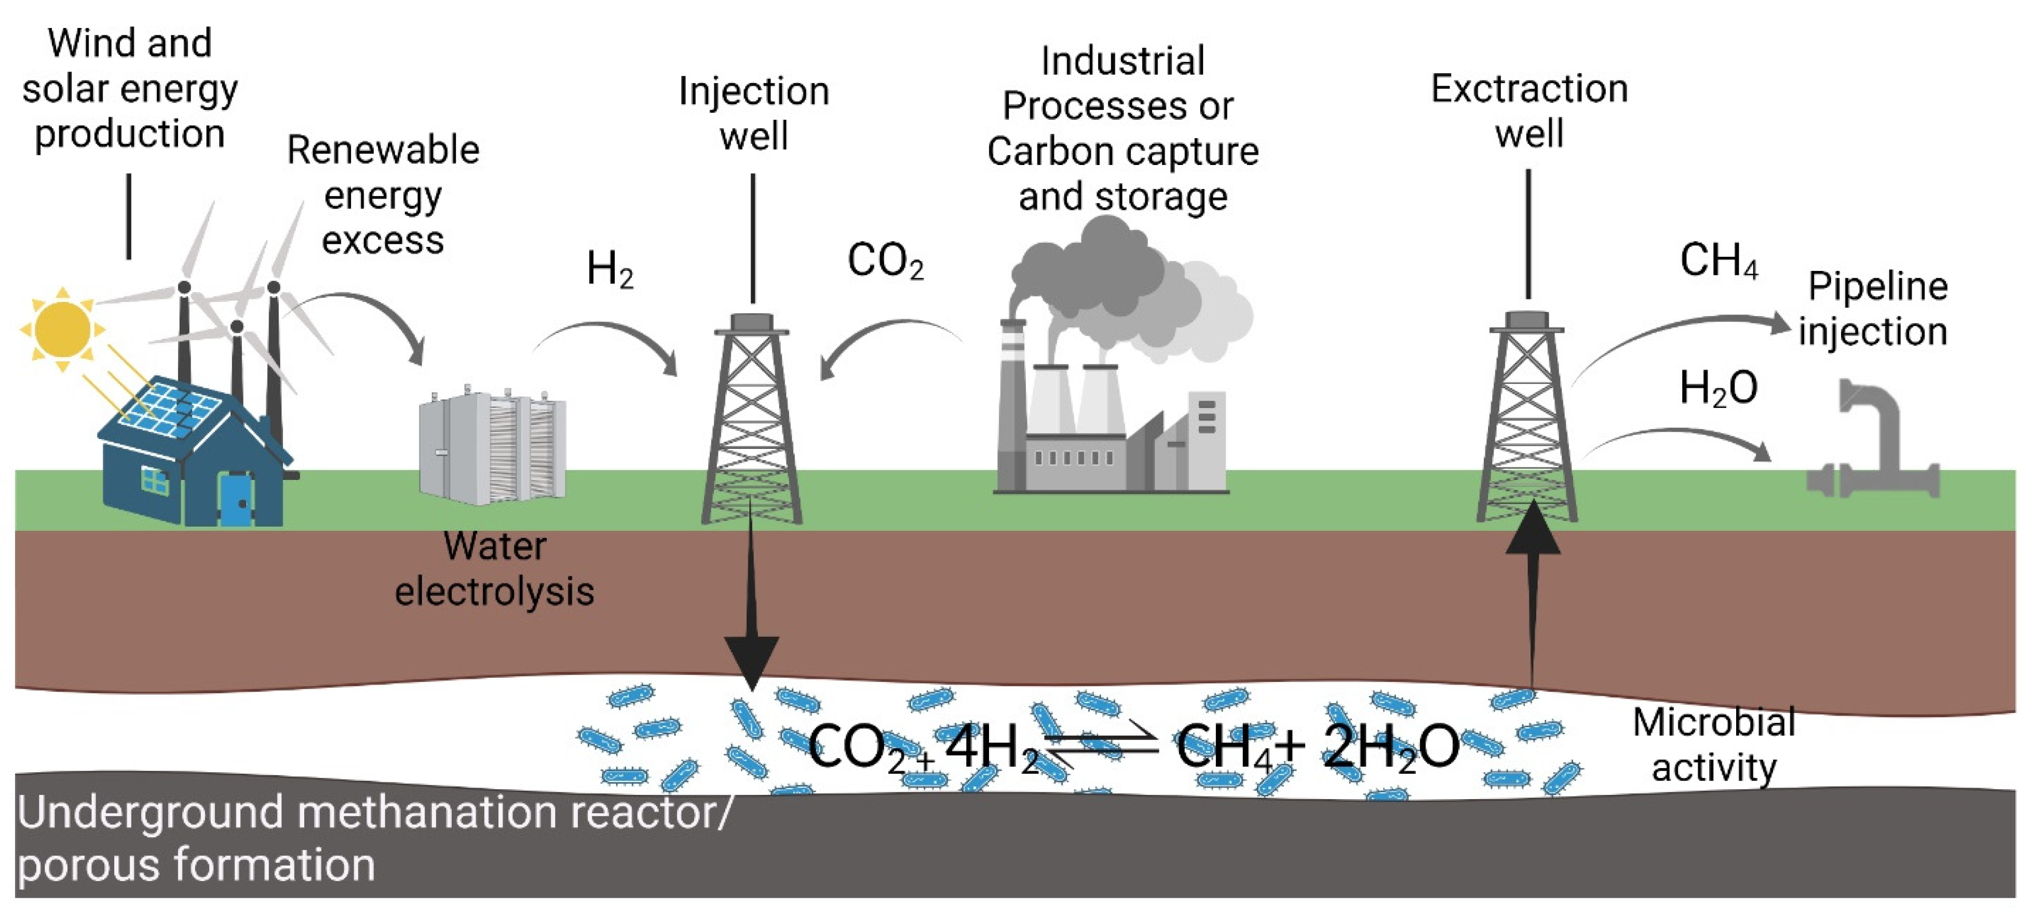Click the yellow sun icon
pos(62,328)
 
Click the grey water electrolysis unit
pos(493,447)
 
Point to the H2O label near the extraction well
pos(1718,388)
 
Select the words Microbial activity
pos(1713,744)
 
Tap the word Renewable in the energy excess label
pos(383,149)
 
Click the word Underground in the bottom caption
pos(150,813)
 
